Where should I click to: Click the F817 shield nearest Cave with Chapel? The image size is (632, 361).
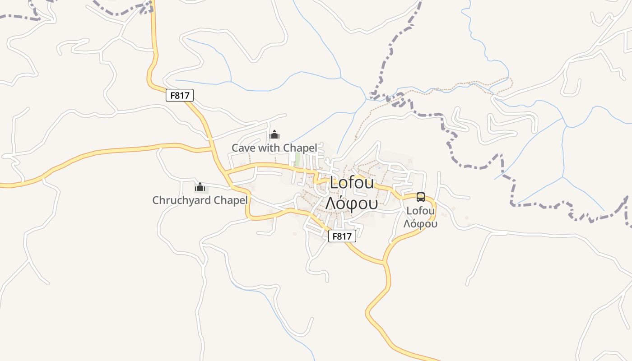(x=180, y=95)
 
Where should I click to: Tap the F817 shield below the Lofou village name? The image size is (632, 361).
(x=342, y=236)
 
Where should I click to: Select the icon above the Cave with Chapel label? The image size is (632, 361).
(x=274, y=134)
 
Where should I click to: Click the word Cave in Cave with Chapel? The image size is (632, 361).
(x=243, y=148)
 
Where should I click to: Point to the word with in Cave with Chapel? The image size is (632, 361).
(x=266, y=148)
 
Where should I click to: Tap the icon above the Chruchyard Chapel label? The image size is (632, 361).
(x=200, y=187)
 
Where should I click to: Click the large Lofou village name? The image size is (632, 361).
(x=352, y=183)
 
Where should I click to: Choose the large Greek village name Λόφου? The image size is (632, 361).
(x=351, y=204)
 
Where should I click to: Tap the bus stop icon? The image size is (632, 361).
(x=421, y=197)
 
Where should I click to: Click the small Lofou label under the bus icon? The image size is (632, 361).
(x=421, y=211)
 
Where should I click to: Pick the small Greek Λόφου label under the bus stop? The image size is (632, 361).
(x=420, y=223)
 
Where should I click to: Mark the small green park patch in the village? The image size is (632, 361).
(x=297, y=159)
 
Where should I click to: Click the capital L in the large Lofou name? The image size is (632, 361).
(x=334, y=183)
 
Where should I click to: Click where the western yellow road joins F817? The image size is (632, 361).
(x=212, y=148)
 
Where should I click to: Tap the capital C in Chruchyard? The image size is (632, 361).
(x=156, y=200)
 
